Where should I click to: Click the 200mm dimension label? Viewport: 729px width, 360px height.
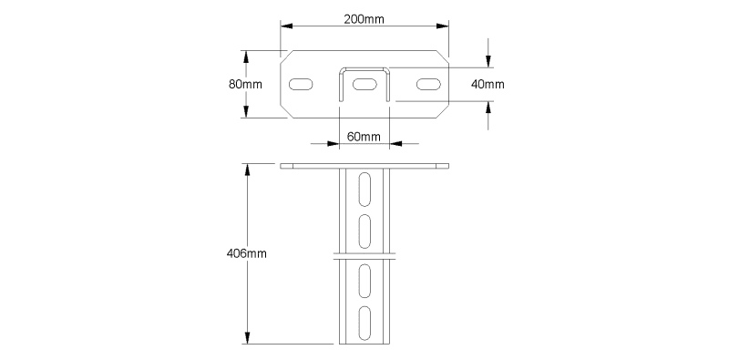click(x=364, y=19)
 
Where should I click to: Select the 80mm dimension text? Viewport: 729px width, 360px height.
click(x=245, y=84)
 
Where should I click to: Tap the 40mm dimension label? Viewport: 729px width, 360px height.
click(x=488, y=84)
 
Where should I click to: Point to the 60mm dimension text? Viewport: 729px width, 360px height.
click(x=364, y=137)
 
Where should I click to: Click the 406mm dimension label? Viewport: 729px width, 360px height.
click(x=246, y=253)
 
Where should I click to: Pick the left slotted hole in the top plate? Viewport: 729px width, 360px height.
click(x=301, y=84)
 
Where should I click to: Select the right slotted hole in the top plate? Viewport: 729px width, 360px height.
click(x=428, y=84)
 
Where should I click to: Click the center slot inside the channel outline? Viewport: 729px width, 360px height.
click(x=364, y=84)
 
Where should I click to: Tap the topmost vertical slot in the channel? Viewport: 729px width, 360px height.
click(x=365, y=190)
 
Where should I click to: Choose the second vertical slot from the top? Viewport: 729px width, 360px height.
click(x=365, y=231)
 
